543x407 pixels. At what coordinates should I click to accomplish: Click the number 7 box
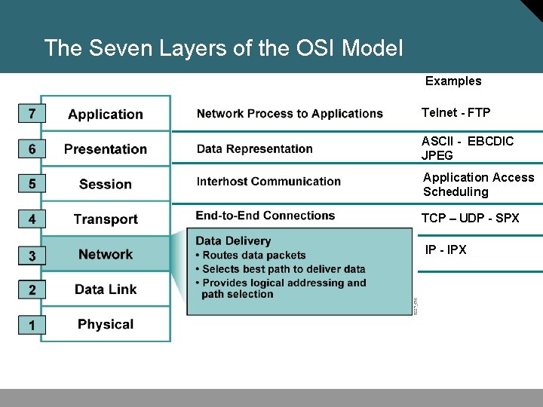(32, 115)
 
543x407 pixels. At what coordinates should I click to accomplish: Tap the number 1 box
(32, 325)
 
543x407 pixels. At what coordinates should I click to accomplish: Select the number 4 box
(32, 219)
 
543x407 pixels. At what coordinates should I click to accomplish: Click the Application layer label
(106, 115)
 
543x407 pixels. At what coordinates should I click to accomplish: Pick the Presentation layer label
(106, 149)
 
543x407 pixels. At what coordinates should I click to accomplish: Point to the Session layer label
(106, 184)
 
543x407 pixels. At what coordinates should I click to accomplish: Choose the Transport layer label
(106, 219)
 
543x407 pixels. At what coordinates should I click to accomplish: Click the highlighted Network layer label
(106, 254)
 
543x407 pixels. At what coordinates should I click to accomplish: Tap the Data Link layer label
(106, 289)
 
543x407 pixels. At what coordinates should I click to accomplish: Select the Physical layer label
(106, 324)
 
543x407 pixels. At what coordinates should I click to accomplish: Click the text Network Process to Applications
(290, 114)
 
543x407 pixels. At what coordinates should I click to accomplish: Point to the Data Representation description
(255, 148)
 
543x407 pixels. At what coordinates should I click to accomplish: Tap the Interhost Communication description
(268, 181)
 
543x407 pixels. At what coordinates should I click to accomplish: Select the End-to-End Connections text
(265, 216)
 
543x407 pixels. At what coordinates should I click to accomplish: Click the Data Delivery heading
(233, 241)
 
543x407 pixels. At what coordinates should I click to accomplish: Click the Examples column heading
(453, 81)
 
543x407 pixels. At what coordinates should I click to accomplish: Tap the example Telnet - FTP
(456, 113)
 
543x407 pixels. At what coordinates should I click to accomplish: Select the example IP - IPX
(446, 249)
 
